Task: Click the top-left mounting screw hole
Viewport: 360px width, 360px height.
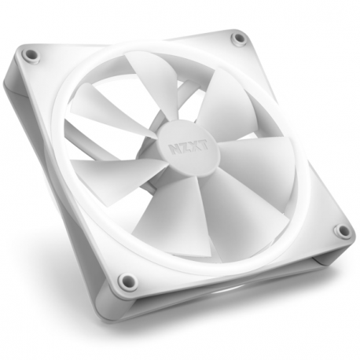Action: (x=31, y=55)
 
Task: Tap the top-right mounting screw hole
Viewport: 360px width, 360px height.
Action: (x=237, y=38)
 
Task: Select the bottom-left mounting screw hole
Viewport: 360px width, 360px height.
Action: (x=126, y=281)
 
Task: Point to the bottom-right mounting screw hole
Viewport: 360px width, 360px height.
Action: (x=342, y=231)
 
